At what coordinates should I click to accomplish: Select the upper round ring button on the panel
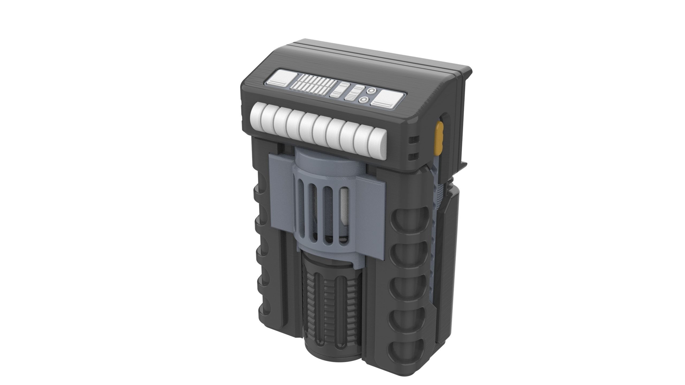tap(370, 91)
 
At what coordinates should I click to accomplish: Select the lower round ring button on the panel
tap(363, 100)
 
